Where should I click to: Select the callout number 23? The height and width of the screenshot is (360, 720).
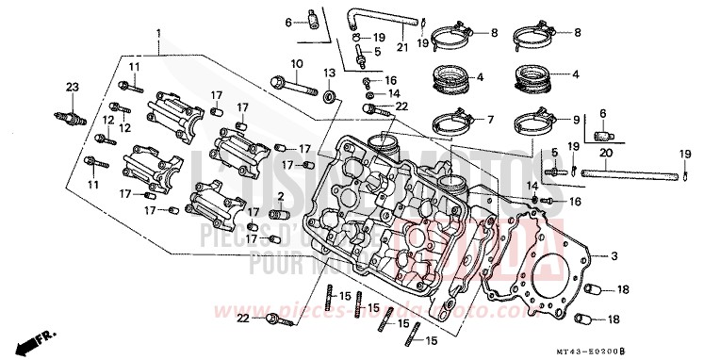(72, 88)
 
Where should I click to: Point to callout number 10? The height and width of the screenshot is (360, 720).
(295, 64)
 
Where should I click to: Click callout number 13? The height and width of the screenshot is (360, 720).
(330, 73)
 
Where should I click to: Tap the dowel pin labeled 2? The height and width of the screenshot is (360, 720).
(279, 209)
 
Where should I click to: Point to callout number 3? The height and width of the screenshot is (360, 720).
(613, 255)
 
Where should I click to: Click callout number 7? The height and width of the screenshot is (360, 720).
(489, 120)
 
